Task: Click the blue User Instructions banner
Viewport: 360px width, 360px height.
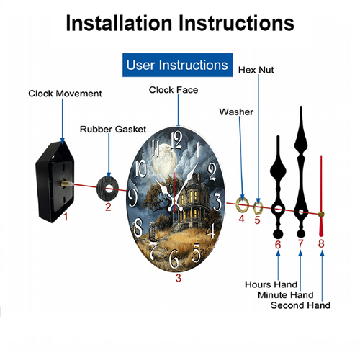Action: pyautogui.click(x=177, y=65)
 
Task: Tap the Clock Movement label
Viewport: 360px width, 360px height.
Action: pyautogui.click(x=65, y=94)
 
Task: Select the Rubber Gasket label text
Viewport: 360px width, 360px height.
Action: pyautogui.click(x=113, y=130)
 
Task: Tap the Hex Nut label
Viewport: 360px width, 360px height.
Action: pyautogui.click(x=256, y=70)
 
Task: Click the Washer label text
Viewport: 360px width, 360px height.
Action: pyautogui.click(x=236, y=112)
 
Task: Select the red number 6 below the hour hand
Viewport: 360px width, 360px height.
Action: pyautogui.click(x=278, y=245)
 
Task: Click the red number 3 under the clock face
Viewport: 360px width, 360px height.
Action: pyautogui.click(x=179, y=278)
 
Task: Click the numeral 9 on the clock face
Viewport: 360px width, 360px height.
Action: pyautogui.click(x=132, y=197)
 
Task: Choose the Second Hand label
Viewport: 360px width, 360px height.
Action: pyautogui.click(x=300, y=305)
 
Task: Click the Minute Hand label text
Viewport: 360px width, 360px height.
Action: pyautogui.click(x=286, y=294)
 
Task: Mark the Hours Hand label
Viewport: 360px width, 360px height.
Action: pyautogui.click(x=271, y=284)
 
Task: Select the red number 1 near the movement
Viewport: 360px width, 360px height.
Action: pyautogui.click(x=66, y=217)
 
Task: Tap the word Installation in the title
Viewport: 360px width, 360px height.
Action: pyautogui.click(x=120, y=23)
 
